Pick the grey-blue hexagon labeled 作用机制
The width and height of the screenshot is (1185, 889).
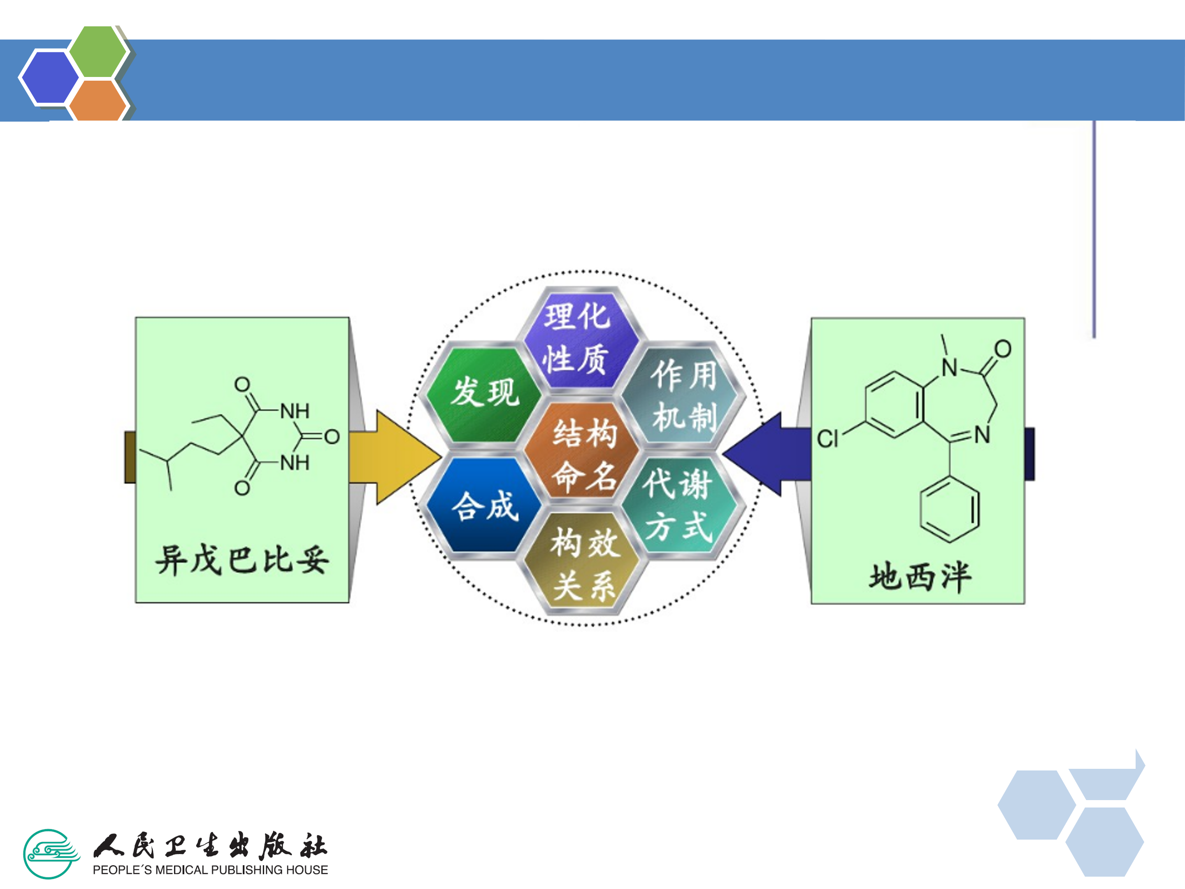(x=683, y=395)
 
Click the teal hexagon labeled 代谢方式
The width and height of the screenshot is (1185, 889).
(x=679, y=505)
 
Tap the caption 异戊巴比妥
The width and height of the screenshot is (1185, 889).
(x=242, y=561)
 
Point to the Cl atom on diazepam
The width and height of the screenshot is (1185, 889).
(x=827, y=439)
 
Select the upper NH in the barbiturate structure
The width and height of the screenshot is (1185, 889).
(x=295, y=411)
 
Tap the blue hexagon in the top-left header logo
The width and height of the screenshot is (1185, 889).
(x=49, y=77)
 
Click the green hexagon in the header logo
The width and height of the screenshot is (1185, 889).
(x=98, y=52)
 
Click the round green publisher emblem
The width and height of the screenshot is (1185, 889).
(x=51, y=854)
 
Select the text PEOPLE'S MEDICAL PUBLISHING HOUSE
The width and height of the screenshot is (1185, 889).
(x=210, y=870)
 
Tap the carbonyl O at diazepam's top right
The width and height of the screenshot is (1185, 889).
(x=1003, y=349)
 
